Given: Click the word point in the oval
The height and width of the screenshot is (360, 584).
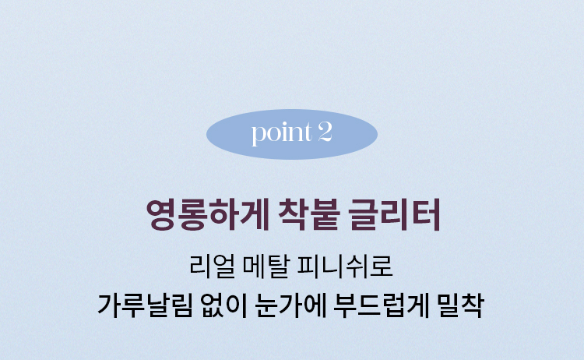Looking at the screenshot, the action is (x=282, y=133).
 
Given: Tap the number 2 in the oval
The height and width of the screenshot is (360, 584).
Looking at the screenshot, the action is (x=325, y=132).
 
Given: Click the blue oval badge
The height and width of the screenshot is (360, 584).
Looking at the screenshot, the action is (x=292, y=134).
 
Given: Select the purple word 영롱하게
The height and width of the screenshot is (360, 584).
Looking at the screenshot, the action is (x=207, y=214).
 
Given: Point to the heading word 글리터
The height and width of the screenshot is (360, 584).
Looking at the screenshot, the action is (x=395, y=214).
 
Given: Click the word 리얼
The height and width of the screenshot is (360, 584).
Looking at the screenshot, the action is (x=213, y=266).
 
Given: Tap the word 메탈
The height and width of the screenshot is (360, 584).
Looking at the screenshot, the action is (x=266, y=266).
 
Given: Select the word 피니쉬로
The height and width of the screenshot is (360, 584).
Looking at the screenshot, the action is (x=345, y=266).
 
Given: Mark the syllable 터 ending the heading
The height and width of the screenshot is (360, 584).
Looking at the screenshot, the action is (x=427, y=214).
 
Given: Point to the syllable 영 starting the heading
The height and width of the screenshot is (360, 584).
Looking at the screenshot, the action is (x=161, y=214).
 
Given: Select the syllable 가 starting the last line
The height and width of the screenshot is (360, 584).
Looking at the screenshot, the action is (x=109, y=305).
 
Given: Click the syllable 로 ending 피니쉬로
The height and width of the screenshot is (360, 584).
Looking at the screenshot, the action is (x=382, y=266).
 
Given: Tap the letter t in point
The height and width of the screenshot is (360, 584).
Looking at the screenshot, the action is (x=308, y=132).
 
